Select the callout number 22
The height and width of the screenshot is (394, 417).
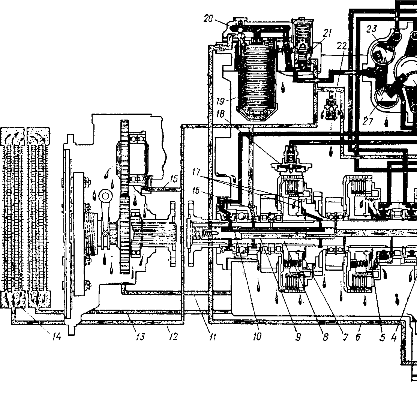(342, 46)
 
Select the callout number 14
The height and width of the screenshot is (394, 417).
(56, 337)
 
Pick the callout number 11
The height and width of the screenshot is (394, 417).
(212, 337)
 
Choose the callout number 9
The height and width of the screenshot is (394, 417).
(298, 337)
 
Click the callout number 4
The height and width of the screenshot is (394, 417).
(393, 337)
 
